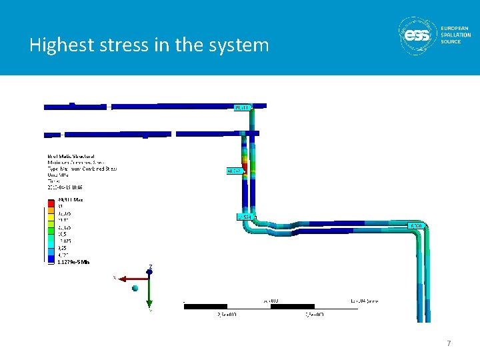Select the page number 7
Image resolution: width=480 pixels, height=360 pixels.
tap(449, 343)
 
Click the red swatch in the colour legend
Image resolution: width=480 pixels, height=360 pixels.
tap(50, 201)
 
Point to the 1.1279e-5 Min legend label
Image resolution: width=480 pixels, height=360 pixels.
tap(73, 262)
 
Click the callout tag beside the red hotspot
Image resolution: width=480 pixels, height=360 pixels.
tap(234, 171)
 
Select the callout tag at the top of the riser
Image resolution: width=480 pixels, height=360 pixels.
tap(241, 107)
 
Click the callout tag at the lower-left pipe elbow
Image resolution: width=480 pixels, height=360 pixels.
tap(244, 217)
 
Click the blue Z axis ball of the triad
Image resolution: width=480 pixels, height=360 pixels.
tap(150, 272)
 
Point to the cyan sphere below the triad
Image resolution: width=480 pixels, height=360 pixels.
tap(136, 288)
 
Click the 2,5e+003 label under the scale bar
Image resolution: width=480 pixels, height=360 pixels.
tap(227, 313)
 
